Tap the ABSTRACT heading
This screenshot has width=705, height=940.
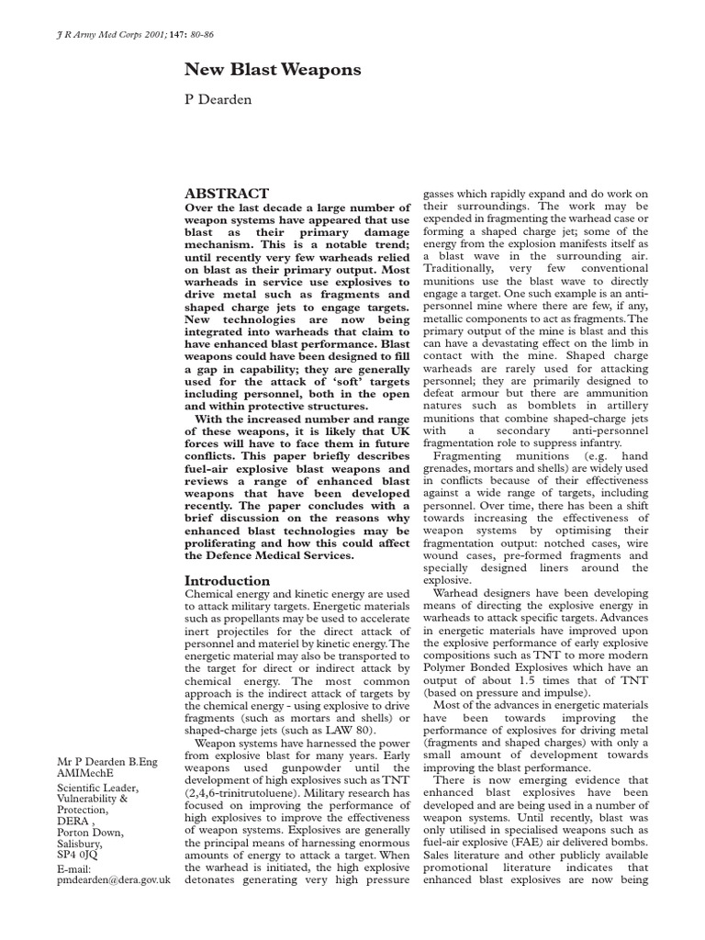227,194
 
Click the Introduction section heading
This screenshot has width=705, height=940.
228,581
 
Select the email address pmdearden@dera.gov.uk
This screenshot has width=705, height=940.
114,879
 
